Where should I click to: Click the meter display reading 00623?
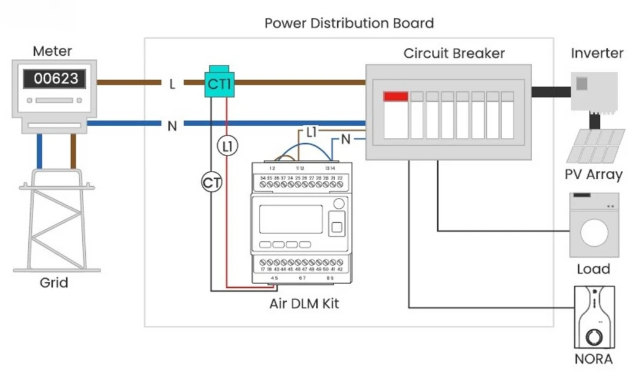[x=56, y=79]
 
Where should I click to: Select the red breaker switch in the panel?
[x=396, y=97]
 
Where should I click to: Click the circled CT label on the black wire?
[x=212, y=182]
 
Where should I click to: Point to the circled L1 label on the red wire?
[x=227, y=145]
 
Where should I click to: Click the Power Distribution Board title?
[x=349, y=23]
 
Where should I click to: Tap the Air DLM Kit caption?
[x=304, y=303]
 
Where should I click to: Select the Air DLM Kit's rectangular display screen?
[x=291, y=219]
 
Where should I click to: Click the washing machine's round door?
[x=593, y=233]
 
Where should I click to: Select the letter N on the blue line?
[x=172, y=126]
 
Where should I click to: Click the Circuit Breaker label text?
[x=454, y=53]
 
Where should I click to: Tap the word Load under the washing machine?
[x=593, y=269]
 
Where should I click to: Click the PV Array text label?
[x=593, y=175]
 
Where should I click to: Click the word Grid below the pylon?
[x=54, y=283]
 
